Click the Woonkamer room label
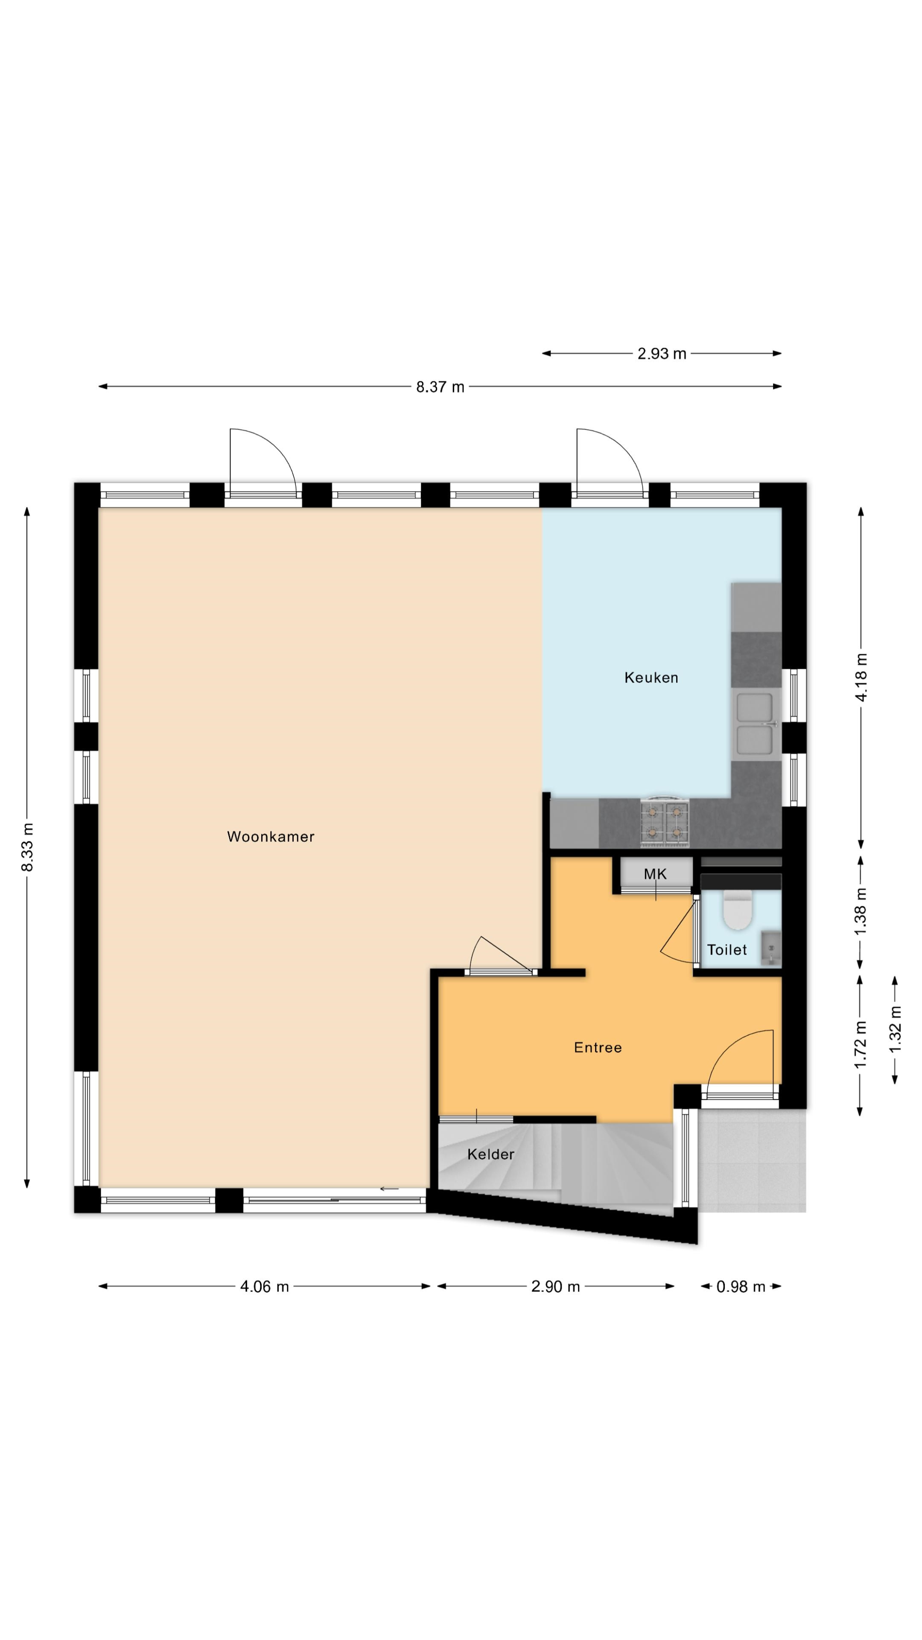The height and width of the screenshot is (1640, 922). [271, 837]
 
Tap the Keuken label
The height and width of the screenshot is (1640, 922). [651, 677]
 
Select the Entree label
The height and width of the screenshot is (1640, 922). [598, 1047]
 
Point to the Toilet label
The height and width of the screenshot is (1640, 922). [727, 950]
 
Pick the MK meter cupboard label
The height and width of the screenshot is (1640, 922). [655, 874]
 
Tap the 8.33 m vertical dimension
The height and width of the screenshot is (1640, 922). [27, 847]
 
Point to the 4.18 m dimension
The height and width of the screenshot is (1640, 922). [861, 677]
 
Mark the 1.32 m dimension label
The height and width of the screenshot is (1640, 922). [895, 1029]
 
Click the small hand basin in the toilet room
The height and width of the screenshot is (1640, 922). [771, 949]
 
